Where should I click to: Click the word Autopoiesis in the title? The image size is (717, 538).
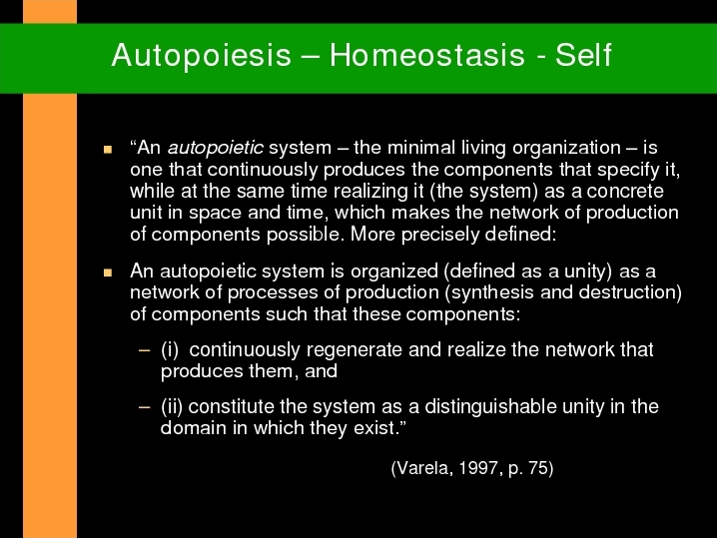(x=201, y=56)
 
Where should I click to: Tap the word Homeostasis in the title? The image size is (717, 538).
(x=427, y=55)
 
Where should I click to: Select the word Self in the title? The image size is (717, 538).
(x=583, y=55)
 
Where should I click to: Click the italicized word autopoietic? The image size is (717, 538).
(x=215, y=149)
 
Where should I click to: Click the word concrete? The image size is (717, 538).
(x=625, y=192)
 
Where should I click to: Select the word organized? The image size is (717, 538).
(x=394, y=271)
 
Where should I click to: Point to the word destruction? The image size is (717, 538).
(x=627, y=292)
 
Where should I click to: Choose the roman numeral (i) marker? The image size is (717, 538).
(x=170, y=350)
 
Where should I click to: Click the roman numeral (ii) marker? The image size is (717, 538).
(x=172, y=407)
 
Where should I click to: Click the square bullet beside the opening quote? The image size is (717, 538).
(x=108, y=149)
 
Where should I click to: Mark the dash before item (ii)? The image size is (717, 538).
(x=144, y=407)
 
